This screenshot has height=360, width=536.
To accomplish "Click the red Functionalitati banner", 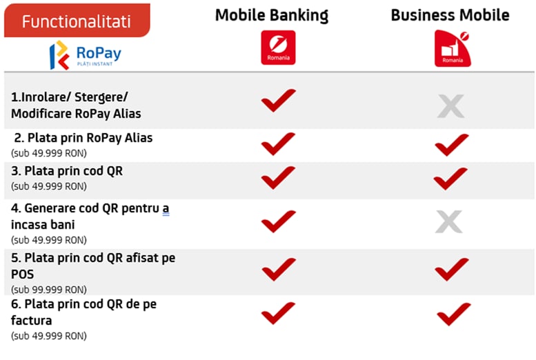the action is [x=77, y=21].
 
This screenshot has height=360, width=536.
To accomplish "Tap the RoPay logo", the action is [x=85, y=55].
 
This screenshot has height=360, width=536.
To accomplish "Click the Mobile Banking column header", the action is [x=272, y=15].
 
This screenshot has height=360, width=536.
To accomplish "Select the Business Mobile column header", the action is [x=450, y=15].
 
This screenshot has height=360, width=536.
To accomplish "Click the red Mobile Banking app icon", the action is [x=278, y=48].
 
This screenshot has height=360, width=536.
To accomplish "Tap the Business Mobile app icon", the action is [x=453, y=48].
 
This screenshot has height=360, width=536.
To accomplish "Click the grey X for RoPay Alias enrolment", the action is [x=451, y=106].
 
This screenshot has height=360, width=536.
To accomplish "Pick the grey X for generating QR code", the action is [x=449, y=221].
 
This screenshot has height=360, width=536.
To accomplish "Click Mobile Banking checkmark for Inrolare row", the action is [x=278, y=100].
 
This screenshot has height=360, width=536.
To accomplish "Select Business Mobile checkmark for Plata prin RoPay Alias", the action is [x=452, y=145].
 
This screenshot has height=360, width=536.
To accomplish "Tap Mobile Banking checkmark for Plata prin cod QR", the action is [x=278, y=177].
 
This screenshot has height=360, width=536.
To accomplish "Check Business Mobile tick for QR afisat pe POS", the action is [x=452, y=270].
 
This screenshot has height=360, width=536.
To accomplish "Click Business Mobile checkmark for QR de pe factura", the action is [x=454, y=314].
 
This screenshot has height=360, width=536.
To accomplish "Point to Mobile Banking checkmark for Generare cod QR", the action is [x=278, y=221].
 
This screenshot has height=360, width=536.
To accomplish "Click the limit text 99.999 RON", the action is [x=59, y=290].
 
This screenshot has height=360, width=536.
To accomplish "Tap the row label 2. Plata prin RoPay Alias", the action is [x=83, y=138].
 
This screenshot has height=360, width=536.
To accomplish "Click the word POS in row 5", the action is [x=23, y=274].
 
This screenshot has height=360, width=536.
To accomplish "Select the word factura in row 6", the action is [x=32, y=321].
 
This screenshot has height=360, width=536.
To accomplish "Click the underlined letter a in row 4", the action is [x=166, y=208].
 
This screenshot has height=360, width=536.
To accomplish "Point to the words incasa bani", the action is [x=43, y=225].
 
